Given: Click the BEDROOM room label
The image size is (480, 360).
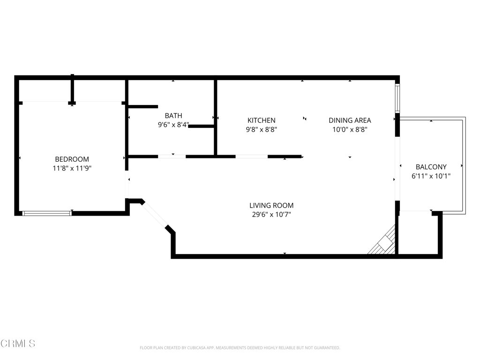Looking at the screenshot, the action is coord(72,159).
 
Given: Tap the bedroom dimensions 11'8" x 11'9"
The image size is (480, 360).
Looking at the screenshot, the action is coord(72,168).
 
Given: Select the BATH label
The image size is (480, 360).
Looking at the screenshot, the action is coord(173,116).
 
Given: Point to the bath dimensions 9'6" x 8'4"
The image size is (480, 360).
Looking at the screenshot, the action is coord(173,125).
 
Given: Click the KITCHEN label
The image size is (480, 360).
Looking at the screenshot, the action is coord(262,120).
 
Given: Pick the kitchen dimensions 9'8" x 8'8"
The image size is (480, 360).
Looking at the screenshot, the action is coord(262,129).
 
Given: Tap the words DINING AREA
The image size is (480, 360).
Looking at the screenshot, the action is coord(350,120).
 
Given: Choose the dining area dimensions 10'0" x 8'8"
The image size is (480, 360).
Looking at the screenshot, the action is coord(350,129).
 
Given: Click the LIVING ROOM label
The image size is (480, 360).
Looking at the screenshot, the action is coord(271,205).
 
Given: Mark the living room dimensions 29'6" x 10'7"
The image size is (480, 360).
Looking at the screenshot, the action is coord(271,214).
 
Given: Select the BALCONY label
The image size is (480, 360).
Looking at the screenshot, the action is coord(431,167).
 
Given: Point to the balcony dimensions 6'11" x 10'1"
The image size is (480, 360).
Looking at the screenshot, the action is coord(431,176).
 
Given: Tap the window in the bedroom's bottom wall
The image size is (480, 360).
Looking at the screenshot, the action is coord(47,213).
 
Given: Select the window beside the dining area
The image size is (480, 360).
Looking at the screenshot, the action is coord(397,98).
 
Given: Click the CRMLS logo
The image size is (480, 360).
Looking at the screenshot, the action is coord(18,344).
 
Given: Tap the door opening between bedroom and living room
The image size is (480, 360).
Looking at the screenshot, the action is coord(127,184).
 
